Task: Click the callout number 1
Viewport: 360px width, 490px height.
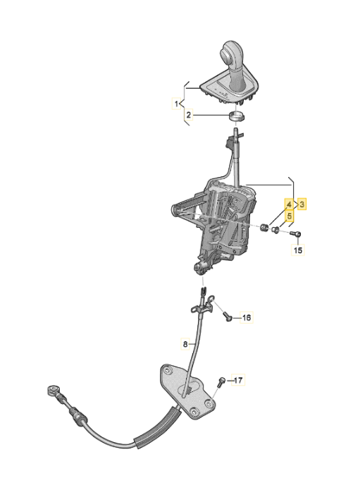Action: tap(176, 104)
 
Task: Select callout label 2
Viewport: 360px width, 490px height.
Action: tap(188, 115)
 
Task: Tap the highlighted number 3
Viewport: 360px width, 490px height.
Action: tap(302, 204)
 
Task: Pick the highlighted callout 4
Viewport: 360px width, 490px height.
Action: tap(289, 204)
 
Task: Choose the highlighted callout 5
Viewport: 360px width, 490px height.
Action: tap(289, 216)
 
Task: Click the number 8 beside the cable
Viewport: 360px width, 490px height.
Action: tap(185, 344)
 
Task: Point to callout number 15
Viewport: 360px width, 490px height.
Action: tap(298, 250)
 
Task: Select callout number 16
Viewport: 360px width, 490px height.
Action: tap(247, 318)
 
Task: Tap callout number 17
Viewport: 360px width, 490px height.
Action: tap(238, 380)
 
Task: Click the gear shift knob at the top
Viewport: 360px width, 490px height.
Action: tap(232, 58)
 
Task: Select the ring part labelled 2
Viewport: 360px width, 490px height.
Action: tap(236, 116)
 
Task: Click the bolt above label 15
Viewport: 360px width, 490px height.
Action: tap(295, 233)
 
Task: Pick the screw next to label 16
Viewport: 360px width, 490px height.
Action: tap(228, 317)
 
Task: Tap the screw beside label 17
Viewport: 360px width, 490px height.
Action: tap(222, 381)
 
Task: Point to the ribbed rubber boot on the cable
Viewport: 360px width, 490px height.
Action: tap(158, 427)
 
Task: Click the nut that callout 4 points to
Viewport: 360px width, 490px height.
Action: tap(264, 228)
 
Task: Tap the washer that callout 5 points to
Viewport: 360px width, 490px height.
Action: tap(275, 231)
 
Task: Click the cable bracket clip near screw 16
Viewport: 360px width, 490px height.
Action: tap(203, 306)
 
